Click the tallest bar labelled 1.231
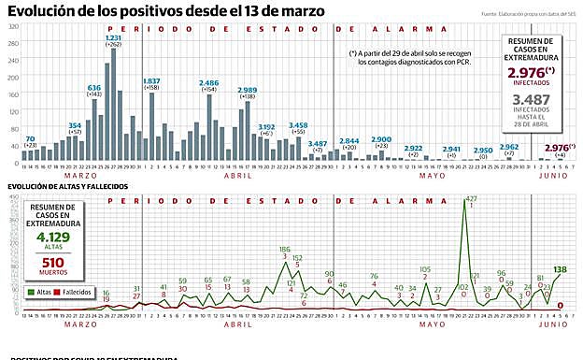113,103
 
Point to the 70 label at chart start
30,138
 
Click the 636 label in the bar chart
94,87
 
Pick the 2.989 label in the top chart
247,83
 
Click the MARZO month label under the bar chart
78,175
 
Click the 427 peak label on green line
471,198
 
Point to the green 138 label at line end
560,269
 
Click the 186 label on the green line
284,250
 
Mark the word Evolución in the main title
43,11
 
